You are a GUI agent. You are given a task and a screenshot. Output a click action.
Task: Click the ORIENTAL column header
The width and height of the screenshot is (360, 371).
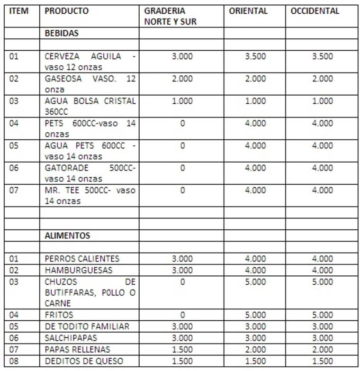[248, 11]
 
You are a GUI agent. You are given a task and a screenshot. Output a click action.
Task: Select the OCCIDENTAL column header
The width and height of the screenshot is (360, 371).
[315, 11]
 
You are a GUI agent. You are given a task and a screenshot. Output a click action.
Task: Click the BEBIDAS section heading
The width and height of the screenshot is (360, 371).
[62, 34]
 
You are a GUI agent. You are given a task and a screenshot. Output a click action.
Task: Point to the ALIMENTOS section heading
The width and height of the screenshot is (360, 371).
[67, 235]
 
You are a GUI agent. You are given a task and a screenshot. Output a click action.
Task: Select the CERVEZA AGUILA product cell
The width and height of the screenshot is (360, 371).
[90, 62]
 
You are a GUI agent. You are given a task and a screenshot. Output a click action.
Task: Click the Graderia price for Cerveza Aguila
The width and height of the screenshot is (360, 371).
[182, 56]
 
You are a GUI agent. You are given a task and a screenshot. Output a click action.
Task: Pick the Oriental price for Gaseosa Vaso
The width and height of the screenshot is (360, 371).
[255, 79]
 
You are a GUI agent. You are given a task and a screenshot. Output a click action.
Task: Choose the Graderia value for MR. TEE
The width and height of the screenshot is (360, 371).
[182, 190]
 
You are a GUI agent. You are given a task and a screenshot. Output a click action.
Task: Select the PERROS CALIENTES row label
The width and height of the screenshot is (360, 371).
[82, 259]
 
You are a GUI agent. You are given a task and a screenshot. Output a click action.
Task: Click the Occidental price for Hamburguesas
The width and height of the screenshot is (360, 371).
[322, 270]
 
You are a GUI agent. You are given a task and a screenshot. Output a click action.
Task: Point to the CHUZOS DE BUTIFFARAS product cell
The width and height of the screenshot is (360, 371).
[90, 292]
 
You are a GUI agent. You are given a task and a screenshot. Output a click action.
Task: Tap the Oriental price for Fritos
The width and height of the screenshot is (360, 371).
[255, 315]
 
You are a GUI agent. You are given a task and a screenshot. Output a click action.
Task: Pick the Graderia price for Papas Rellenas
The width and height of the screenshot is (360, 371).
[182, 349]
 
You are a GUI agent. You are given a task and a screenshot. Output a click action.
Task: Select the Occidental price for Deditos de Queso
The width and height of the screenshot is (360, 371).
[322, 361]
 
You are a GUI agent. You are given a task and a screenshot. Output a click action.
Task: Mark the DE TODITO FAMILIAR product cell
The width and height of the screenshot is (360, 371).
[87, 326]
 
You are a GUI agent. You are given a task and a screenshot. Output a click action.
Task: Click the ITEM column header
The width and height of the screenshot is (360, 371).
[19, 11]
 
